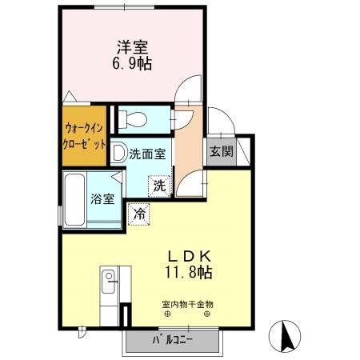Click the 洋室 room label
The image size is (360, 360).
click(x=128, y=46)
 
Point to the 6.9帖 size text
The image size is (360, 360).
click(x=128, y=62)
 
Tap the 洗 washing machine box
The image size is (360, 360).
click(x=158, y=186)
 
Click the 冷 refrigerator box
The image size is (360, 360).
click(x=138, y=214)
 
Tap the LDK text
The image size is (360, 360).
click(x=189, y=256)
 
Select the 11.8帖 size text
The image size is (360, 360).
click(x=189, y=272)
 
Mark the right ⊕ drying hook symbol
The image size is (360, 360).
click(x=208, y=314)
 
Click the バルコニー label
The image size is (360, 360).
click(x=172, y=342)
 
